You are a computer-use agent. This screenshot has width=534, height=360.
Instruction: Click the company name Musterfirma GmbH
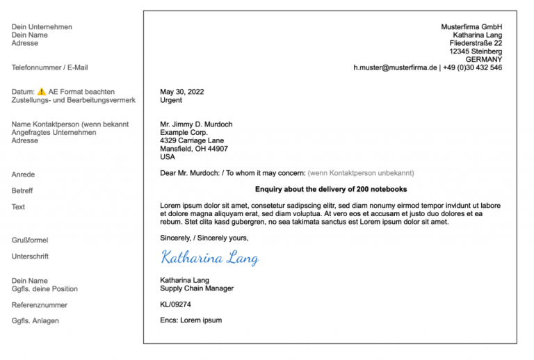pyautogui.click(x=471, y=27)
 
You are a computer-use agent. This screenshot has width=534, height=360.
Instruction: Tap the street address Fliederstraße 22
pyautogui.click(x=476, y=43)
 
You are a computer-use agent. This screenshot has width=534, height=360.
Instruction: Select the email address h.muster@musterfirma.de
pyautogui.click(x=395, y=68)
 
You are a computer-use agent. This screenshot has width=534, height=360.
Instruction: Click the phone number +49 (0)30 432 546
pyautogui.click(x=473, y=68)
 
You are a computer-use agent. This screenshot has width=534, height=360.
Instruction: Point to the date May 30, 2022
pyautogui.click(x=181, y=92)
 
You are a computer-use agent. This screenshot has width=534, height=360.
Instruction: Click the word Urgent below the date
pyautogui.click(x=171, y=100)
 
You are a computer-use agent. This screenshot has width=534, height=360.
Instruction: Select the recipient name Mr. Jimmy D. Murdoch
pyautogui.click(x=196, y=124)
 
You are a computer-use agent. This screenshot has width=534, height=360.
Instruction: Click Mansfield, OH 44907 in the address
pyautogui.click(x=193, y=149)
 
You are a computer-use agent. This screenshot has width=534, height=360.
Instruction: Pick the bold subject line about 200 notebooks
pyautogui.click(x=331, y=189)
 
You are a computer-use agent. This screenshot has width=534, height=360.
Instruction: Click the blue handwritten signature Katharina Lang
pyautogui.click(x=209, y=258)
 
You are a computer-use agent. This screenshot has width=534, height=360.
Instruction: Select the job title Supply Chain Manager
pyautogui.click(x=197, y=288)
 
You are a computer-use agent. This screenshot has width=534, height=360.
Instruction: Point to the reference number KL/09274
pyautogui.click(x=175, y=304)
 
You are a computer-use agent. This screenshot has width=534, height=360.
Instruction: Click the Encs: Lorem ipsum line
pyautogui.click(x=191, y=320)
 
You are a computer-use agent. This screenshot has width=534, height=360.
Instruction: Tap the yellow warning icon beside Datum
pyautogui.click(x=42, y=92)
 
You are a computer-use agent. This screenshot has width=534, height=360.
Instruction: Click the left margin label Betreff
pyautogui.click(x=22, y=190)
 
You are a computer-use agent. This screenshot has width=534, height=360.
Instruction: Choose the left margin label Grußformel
pyautogui.click(x=30, y=240)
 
